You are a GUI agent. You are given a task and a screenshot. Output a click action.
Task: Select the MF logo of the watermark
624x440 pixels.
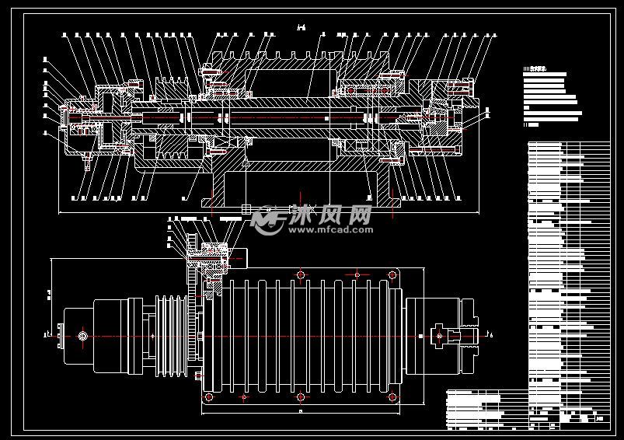[x=267, y=220]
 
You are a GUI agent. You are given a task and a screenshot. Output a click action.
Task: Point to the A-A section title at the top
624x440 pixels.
[x=302, y=28]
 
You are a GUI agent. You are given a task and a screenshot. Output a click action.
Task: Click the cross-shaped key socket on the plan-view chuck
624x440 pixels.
[x=440, y=335]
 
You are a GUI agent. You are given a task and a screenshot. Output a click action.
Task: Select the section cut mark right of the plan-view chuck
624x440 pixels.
[x=487, y=335]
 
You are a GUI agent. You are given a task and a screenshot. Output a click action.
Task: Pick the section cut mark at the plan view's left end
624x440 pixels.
[x=48, y=335]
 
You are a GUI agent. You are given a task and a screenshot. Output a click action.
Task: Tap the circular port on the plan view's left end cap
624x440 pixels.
[x=82, y=335]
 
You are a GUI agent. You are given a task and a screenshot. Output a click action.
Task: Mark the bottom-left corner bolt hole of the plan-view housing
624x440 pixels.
[x=207, y=397]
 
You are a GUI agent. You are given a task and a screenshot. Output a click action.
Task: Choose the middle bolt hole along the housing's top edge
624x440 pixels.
[x=301, y=274]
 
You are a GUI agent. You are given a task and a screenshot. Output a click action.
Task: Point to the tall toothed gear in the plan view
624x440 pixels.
[x=191, y=334]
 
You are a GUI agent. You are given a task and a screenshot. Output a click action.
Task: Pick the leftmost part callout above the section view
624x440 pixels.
[x=65, y=34]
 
